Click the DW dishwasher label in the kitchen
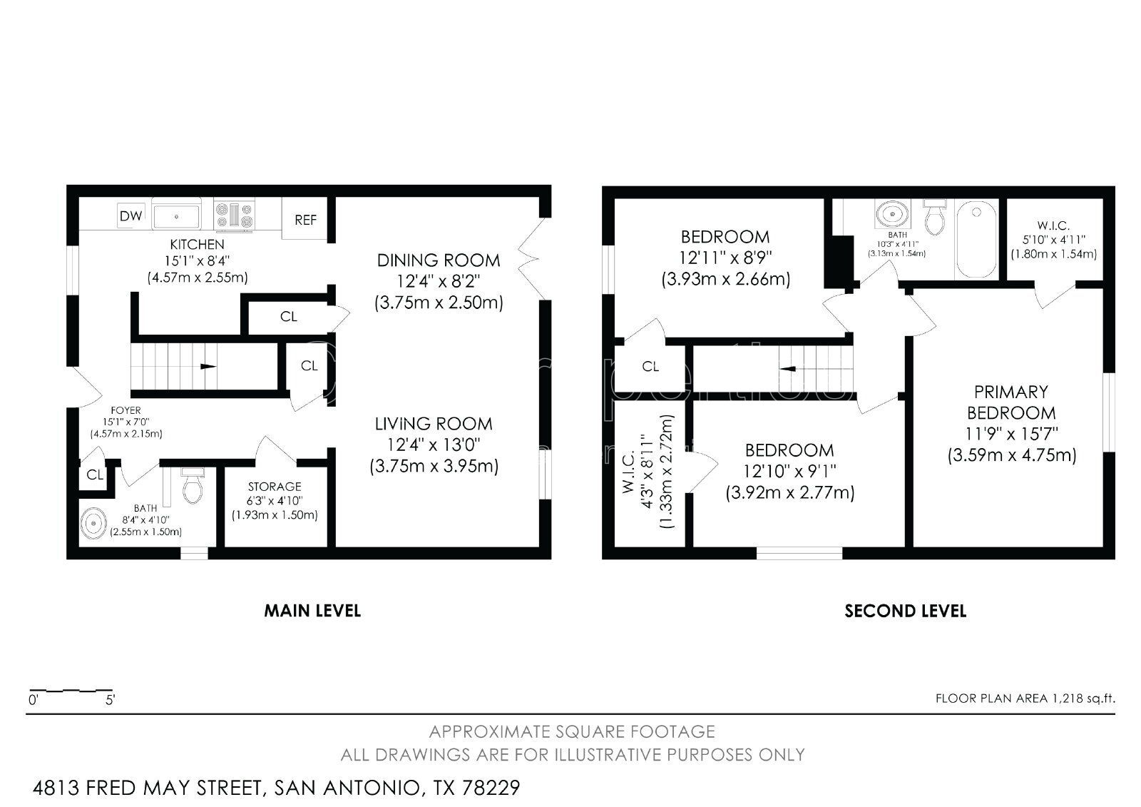[x=131, y=215]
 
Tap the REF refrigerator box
[x=305, y=218]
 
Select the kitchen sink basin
[x=176, y=217]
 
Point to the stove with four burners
[x=234, y=215]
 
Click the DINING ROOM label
[x=439, y=260]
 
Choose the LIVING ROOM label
[x=434, y=424]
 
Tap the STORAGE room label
[x=275, y=487]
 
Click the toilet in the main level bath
[x=193, y=485]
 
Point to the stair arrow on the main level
[x=208, y=366]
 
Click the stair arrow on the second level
[x=787, y=369]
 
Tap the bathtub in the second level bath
[x=976, y=239]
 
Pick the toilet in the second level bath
[x=934, y=217]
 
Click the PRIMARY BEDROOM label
[x=1011, y=402]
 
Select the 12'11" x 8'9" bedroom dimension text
[x=725, y=258]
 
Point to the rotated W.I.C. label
[x=628, y=472]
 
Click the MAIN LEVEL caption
[x=312, y=611]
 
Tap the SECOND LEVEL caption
[x=905, y=611]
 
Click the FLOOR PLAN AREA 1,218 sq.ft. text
[x=1025, y=699]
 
